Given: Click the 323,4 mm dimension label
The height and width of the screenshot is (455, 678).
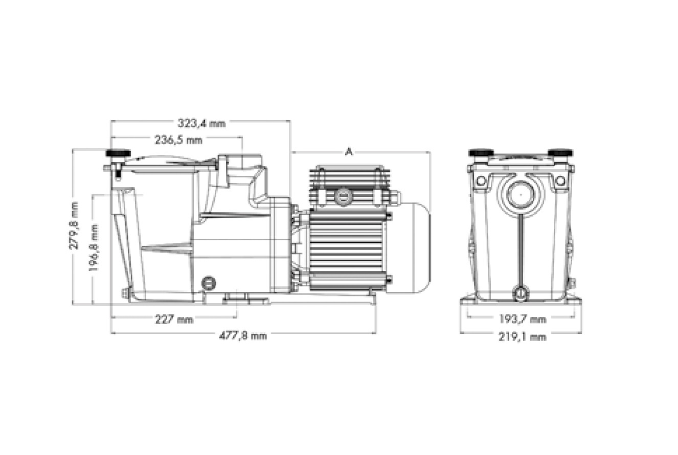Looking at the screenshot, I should (x=201, y=123).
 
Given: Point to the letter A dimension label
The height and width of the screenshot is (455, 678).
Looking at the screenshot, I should (x=349, y=152).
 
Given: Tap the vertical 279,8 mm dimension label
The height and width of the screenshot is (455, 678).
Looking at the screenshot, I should (x=74, y=225).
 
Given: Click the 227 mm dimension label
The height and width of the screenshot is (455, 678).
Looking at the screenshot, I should (x=174, y=320).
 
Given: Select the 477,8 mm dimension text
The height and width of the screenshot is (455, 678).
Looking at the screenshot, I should (x=243, y=336).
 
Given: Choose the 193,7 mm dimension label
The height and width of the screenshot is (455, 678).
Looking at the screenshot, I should (x=522, y=320).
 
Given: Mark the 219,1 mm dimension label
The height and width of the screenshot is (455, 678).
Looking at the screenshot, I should (x=522, y=336).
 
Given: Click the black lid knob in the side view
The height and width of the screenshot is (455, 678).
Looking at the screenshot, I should (x=118, y=153).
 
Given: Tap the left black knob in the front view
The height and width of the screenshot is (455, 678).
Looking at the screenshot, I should (x=481, y=153).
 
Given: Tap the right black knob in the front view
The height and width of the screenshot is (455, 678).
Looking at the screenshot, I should (x=560, y=153).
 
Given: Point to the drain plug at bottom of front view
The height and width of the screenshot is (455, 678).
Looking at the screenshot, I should (x=521, y=293).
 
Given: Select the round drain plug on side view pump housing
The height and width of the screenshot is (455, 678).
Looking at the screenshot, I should (x=209, y=283).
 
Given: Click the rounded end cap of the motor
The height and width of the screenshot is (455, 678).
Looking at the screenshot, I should (x=417, y=248).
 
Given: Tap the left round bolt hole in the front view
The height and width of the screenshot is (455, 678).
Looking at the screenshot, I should (x=481, y=180).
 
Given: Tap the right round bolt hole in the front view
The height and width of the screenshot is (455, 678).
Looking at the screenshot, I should (x=560, y=180).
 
